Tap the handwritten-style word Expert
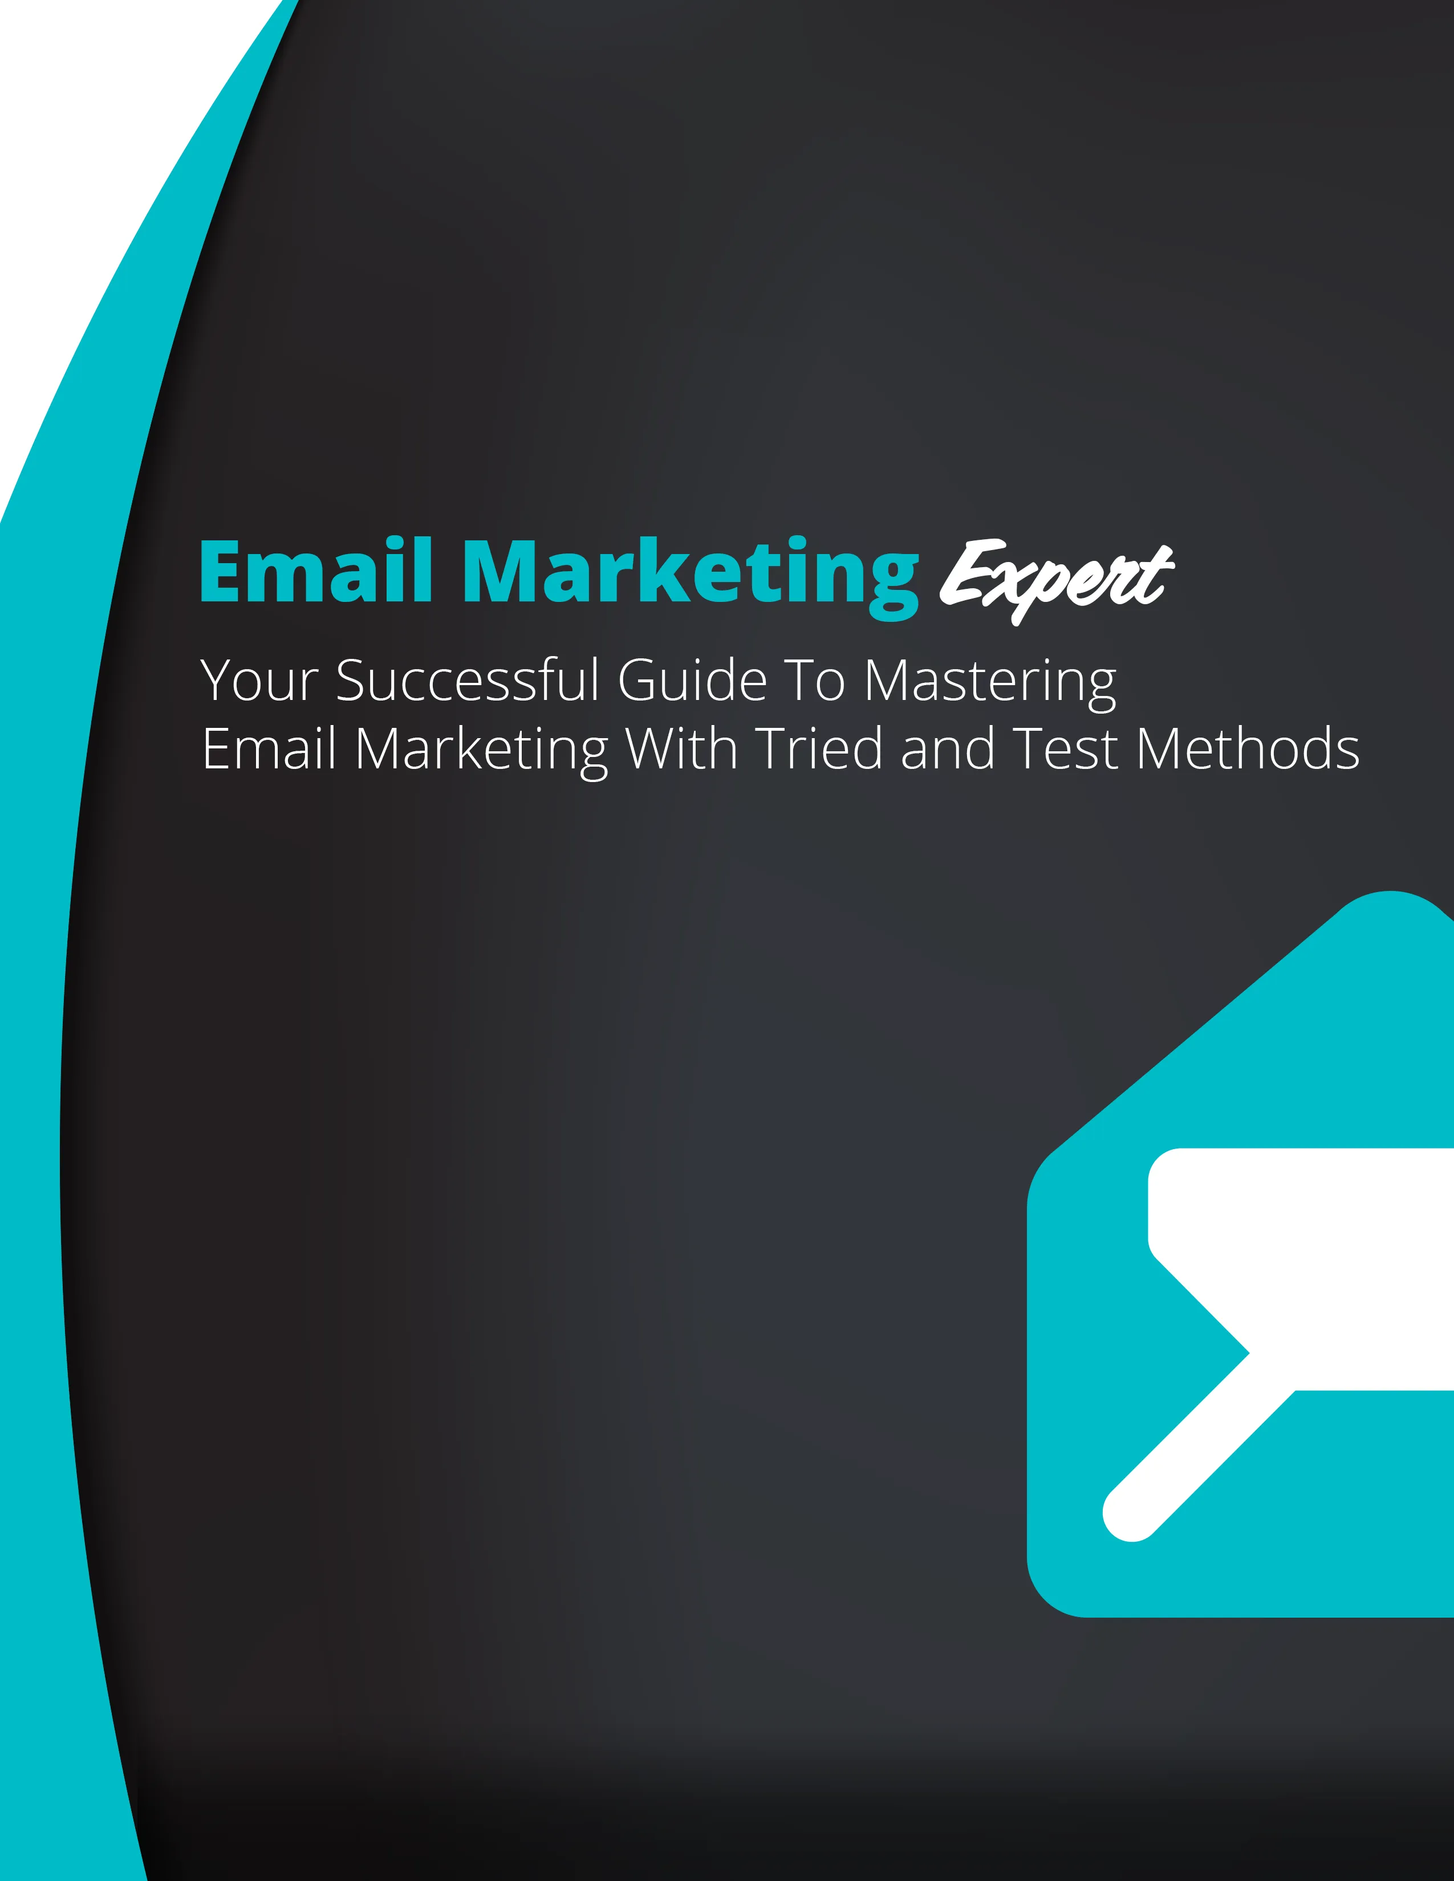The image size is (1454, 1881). pos(1056,579)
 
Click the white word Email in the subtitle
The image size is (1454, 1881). pos(269,748)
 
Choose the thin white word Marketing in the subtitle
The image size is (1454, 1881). pos(481,752)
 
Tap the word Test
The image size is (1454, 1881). pos(1065,748)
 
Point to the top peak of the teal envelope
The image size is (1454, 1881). pos(1390,892)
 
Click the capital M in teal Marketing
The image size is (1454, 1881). pos(503,570)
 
